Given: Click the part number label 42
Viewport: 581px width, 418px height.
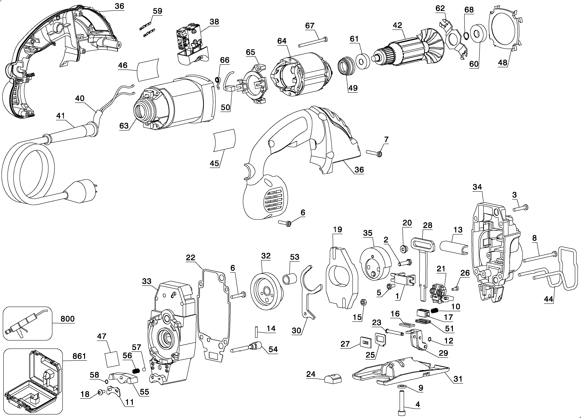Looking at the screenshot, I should pos(397,25).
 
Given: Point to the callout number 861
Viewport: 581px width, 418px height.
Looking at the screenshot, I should pos(79,356).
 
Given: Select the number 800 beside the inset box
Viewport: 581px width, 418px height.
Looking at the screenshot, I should pos(68,319).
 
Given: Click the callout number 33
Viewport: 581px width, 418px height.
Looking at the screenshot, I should pos(147,281).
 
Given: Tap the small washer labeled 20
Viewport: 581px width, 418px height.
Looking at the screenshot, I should pos(404,248).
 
